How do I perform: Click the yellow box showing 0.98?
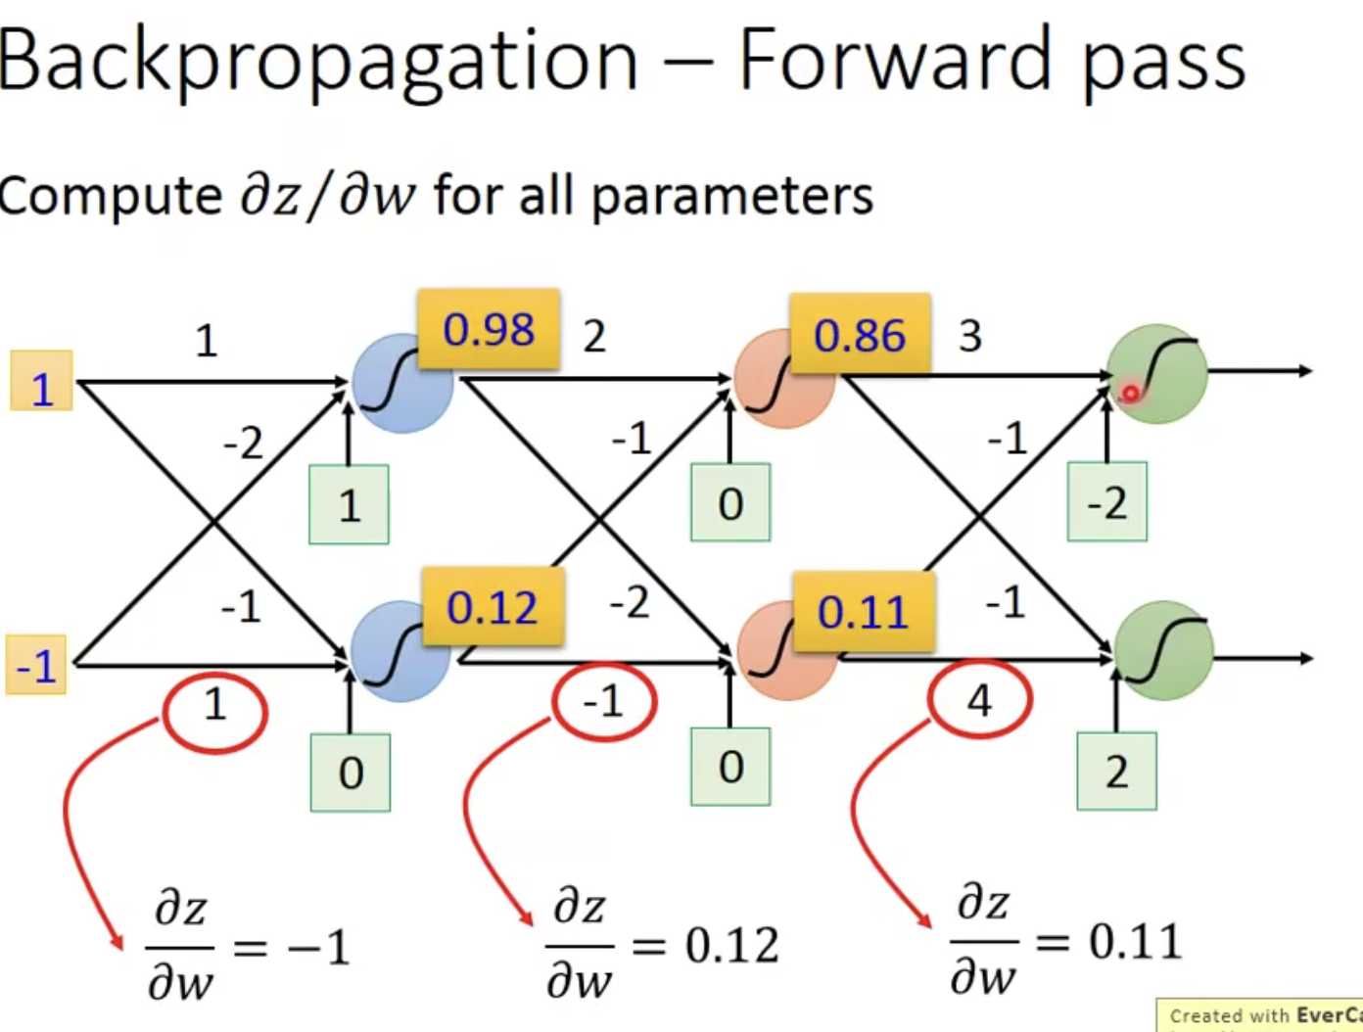489,329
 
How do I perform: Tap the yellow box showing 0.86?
860,335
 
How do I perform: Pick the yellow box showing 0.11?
863,612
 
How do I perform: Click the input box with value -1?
36,666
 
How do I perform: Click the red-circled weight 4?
979,700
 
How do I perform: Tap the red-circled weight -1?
603,701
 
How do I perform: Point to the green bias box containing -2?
1107,502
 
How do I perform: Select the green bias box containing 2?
1116,772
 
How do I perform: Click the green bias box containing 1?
350,505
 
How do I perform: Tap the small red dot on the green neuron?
1130,394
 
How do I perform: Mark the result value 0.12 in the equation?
732,946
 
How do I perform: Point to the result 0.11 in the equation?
1136,942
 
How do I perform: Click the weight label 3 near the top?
969,337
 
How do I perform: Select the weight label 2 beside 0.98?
594,337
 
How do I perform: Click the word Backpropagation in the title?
318,61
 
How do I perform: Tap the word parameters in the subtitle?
731,195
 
